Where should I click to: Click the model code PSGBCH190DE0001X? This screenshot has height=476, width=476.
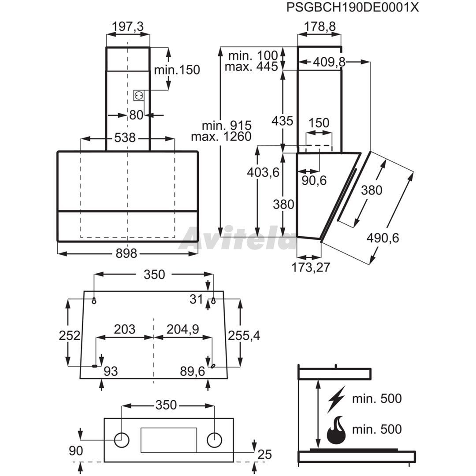(353, 7)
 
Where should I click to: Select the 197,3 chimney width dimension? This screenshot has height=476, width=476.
(128, 27)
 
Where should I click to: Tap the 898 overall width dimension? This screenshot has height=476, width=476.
(126, 253)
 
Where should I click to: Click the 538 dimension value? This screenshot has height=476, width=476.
(125, 138)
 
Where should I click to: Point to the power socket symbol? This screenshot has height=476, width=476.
(139, 96)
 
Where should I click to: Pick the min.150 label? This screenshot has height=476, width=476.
(177, 70)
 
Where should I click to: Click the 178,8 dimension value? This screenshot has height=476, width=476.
(320, 27)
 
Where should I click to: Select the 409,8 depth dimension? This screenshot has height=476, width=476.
(329, 62)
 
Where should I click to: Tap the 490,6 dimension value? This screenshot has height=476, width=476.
(383, 238)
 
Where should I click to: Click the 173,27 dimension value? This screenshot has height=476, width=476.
(311, 267)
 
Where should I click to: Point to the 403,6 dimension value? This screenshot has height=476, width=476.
(263, 172)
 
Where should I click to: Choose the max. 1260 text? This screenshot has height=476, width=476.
(221, 137)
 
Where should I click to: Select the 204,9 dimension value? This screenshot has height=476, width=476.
(183, 329)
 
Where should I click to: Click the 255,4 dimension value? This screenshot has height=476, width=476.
(244, 336)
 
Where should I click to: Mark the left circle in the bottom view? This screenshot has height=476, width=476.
(122, 440)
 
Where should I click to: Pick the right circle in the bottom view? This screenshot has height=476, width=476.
(214, 440)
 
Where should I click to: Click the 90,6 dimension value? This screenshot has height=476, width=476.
(314, 180)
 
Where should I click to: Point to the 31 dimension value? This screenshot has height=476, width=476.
(196, 299)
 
